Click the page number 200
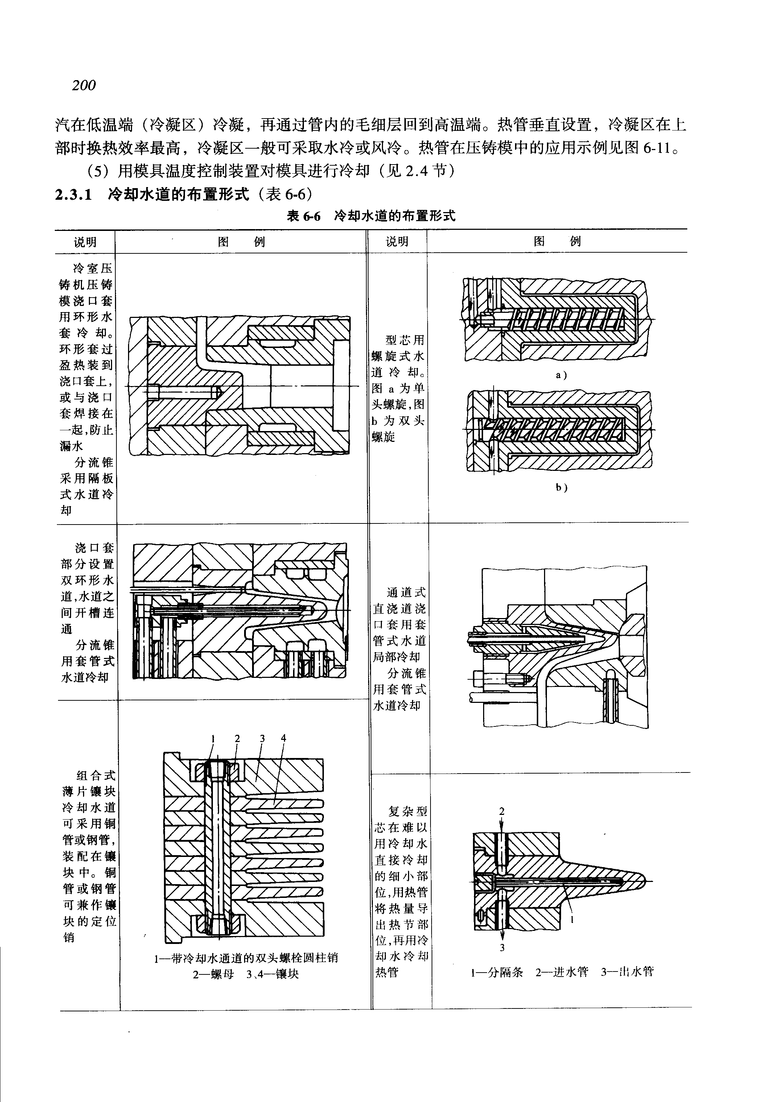(84, 86)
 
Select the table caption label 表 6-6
(303, 216)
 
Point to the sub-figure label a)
(561, 376)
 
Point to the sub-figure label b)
(561, 488)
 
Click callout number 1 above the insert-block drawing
(213, 738)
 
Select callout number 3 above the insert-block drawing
(262, 738)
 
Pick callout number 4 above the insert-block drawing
(284, 738)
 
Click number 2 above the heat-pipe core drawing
(502, 811)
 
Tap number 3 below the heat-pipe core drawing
(502, 948)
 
